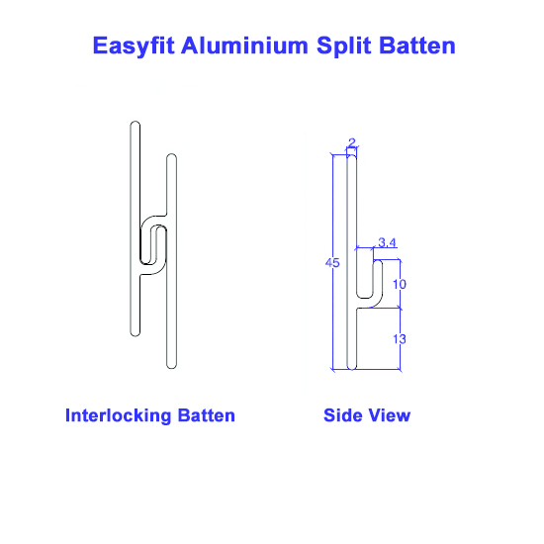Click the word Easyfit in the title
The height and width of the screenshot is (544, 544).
pyautogui.click(x=134, y=46)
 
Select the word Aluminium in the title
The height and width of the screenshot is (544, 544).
pyautogui.click(x=244, y=45)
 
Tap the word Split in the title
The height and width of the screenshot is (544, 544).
pyautogui.click(x=343, y=46)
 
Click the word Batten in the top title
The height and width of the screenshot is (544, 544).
pyautogui.click(x=417, y=45)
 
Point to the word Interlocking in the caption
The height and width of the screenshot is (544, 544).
pyautogui.click(x=119, y=416)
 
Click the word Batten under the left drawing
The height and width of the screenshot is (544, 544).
pyautogui.click(x=207, y=415)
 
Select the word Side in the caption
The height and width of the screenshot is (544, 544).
pyautogui.click(x=342, y=415)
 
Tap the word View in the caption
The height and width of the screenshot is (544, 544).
pyautogui.click(x=390, y=415)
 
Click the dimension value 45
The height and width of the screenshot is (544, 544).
pyautogui.click(x=332, y=263)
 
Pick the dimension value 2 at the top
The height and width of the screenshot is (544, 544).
pyautogui.click(x=352, y=142)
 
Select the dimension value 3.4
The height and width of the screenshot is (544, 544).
pyautogui.click(x=387, y=242)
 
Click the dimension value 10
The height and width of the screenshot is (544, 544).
pyautogui.click(x=400, y=285)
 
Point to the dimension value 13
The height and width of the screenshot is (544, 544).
pyautogui.click(x=400, y=339)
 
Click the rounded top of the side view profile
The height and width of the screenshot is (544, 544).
pyautogui.click(x=352, y=155)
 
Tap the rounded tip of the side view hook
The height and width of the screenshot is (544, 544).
pyautogui.click(x=378, y=261)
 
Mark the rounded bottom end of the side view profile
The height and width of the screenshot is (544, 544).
pyautogui.click(x=352, y=368)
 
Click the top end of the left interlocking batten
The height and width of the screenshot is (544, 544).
pyautogui.click(x=136, y=123)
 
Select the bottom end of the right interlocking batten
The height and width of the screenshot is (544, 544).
pyautogui.click(x=171, y=367)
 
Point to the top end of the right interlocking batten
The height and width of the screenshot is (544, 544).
pyautogui.click(x=171, y=155)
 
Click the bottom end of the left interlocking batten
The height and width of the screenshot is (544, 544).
pyautogui.click(x=136, y=334)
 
